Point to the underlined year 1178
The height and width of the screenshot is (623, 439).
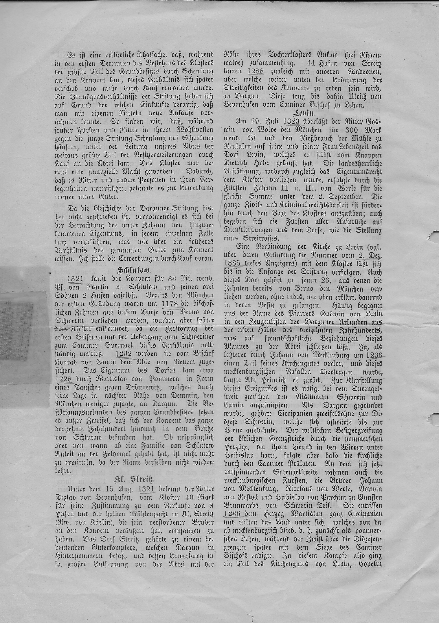pyautogui.click(x=170, y=304)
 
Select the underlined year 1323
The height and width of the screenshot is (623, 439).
pyautogui.click(x=291, y=121)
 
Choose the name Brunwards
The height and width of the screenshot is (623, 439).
pyautogui.click(x=242, y=506)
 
